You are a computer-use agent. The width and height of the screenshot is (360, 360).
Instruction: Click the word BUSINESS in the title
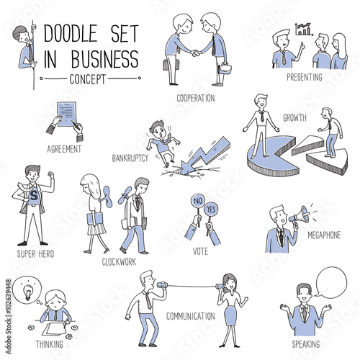(105, 59)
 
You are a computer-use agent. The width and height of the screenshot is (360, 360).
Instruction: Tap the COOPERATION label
(196, 98)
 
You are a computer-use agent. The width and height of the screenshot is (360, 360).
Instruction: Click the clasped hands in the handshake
(195, 53)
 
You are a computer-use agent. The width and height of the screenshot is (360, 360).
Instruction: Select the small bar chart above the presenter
(304, 30)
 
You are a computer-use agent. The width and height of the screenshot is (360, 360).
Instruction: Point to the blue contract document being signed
(66, 114)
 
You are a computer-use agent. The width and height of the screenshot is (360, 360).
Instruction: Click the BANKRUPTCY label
(130, 158)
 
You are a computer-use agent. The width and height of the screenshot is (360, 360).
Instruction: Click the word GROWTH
(294, 117)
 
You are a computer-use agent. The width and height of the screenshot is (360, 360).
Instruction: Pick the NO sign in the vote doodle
(197, 201)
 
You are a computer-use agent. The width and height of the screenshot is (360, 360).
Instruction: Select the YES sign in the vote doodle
(211, 209)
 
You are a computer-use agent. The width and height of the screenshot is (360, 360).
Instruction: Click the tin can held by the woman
(220, 287)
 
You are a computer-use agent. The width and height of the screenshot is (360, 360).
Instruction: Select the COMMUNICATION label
(191, 316)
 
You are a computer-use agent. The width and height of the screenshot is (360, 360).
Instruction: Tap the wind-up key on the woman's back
(107, 197)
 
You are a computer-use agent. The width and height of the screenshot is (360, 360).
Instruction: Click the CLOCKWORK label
(119, 262)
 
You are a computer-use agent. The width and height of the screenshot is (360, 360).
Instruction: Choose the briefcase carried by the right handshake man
(225, 68)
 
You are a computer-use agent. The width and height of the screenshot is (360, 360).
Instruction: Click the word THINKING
(50, 344)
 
